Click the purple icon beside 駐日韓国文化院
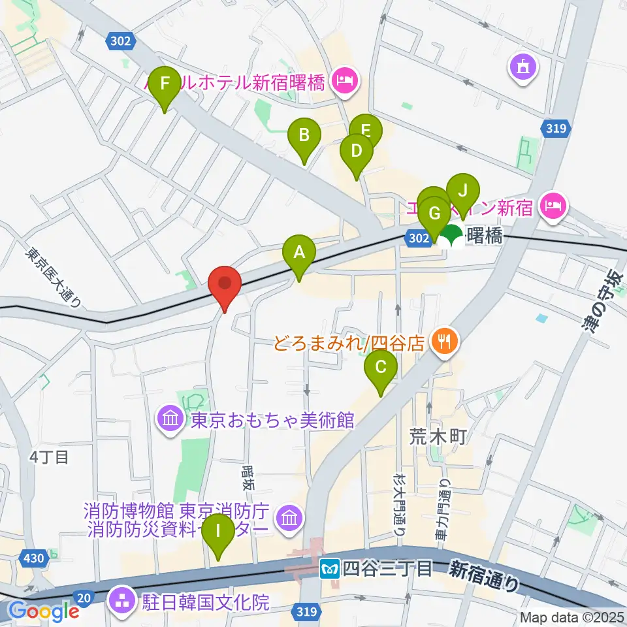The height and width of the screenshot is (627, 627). tap(122, 600)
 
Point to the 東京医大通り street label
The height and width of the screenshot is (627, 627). tap(54, 276)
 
